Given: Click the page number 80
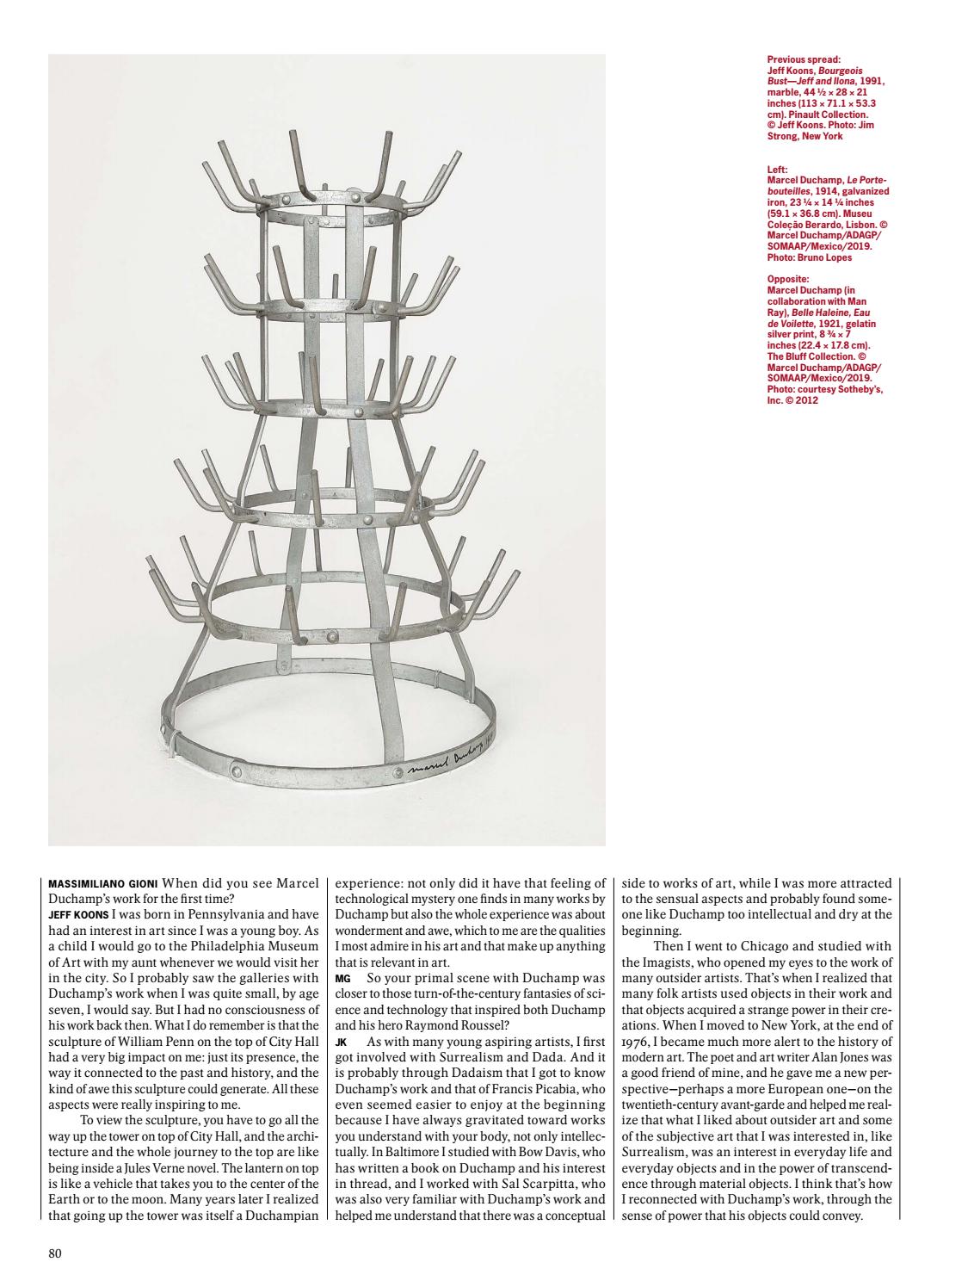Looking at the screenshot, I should [55, 1253].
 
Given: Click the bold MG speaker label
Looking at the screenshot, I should [342, 979].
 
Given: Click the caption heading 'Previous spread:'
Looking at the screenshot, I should [804, 59].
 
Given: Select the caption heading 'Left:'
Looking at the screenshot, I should [776, 170].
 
